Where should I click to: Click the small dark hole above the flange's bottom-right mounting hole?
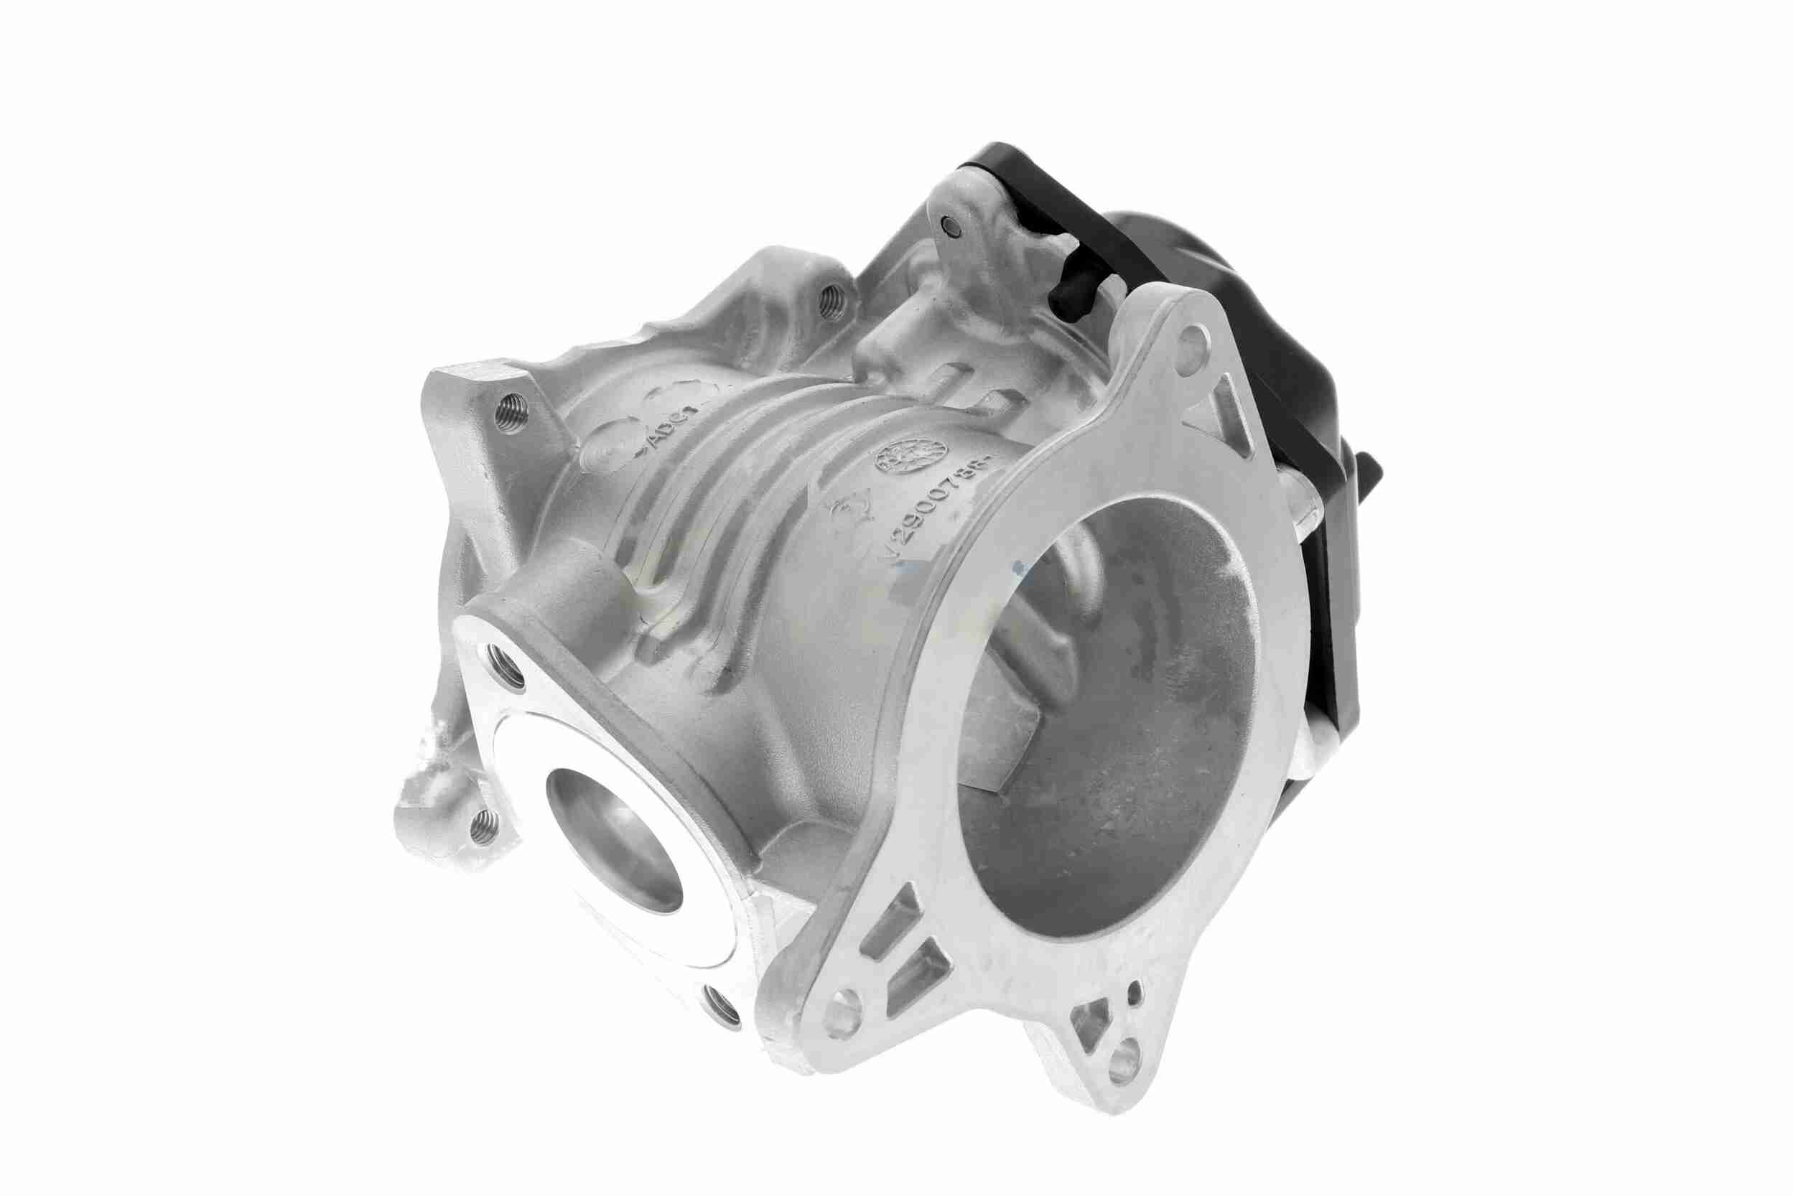point(1134,993)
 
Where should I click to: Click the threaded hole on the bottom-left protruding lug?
point(484,826)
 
